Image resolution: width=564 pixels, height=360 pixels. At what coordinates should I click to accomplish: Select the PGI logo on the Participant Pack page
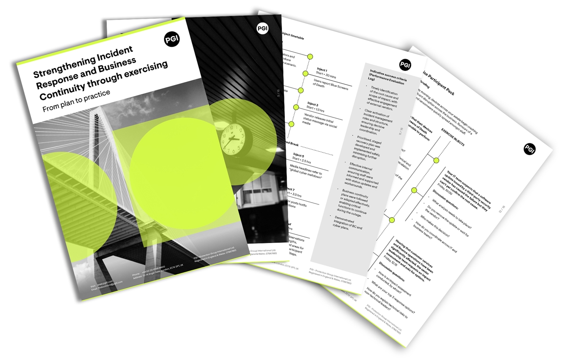pyautogui.click(x=529, y=149)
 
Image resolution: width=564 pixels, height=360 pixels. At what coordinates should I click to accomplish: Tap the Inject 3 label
pyautogui.click(x=313, y=104)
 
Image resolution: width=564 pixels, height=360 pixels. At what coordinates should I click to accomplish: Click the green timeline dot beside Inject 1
pyautogui.click(x=310, y=57)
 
